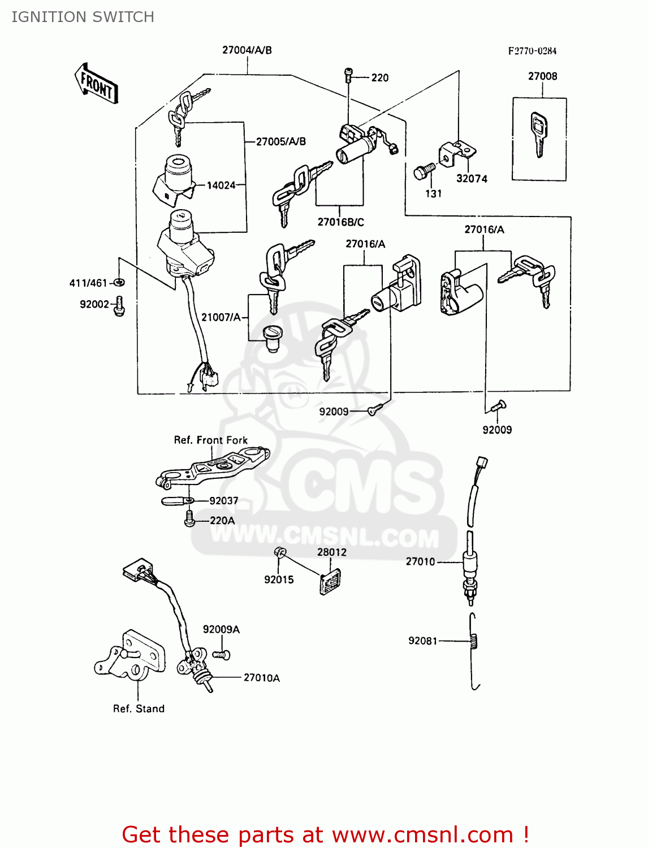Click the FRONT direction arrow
coord(96,84)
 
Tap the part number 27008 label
coord(542,76)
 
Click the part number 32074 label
coord(472,179)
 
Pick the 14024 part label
coord(221,185)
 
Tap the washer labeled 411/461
coord(119,282)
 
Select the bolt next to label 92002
coord(119,306)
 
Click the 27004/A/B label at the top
coord(247,50)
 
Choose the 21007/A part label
coord(221,317)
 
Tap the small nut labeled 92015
coord(280,552)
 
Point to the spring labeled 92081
coord(474,641)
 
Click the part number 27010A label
coord(261,678)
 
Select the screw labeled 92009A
coord(221,655)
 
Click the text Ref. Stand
coord(139,709)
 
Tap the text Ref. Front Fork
coord(210,440)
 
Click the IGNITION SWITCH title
coord(83,17)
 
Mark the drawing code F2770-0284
coord(532,51)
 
